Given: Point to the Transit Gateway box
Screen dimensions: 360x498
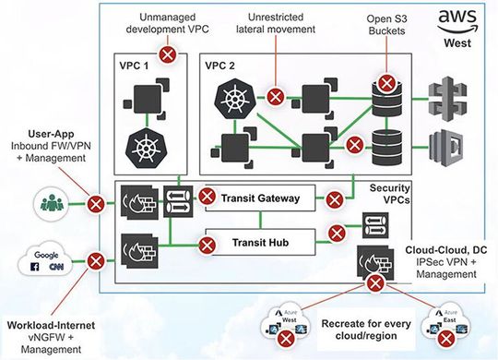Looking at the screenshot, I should pos(260,197).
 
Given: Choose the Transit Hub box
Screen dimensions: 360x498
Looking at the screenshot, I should pos(260,243).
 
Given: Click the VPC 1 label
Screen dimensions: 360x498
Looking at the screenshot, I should pos(135,67).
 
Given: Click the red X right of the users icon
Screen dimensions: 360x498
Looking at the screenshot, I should pos(94,201).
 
